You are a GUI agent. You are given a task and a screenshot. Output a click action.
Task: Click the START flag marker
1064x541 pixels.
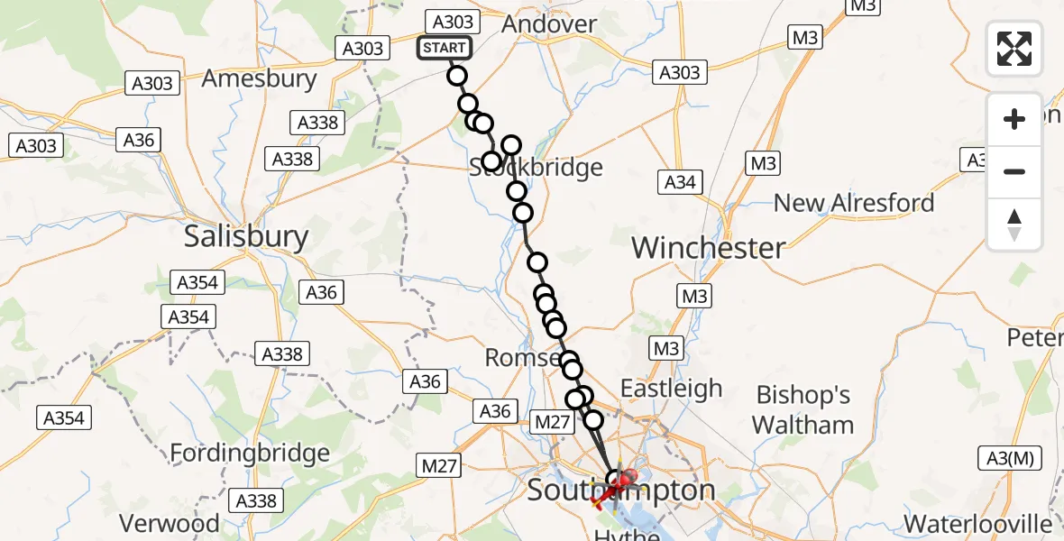[x=444, y=48]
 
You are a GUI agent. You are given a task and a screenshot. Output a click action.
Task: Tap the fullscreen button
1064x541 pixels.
[x=1014, y=49]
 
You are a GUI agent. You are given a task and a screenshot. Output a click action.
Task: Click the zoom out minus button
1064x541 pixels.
[x=1014, y=171]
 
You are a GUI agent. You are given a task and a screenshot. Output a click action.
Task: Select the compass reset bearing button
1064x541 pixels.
[x=1014, y=225]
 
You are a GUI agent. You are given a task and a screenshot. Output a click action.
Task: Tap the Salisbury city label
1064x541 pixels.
[x=246, y=237]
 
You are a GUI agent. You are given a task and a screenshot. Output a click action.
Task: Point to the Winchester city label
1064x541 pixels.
[x=709, y=247]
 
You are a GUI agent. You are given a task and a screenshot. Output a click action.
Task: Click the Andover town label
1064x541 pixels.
[x=549, y=24]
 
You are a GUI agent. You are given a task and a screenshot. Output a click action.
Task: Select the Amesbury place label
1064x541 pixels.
[x=259, y=78]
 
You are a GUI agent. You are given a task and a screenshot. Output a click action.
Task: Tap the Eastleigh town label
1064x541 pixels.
[x=671, y=389]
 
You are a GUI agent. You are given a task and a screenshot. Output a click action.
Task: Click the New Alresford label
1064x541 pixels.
[x=854, y=203]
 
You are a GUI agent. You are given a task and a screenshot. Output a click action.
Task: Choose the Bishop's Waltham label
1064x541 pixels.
[x=803, y=409]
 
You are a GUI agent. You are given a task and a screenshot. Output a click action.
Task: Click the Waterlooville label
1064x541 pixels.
[x=978, y=524]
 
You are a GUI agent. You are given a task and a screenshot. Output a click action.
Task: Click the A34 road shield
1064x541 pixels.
[x=680, y=182]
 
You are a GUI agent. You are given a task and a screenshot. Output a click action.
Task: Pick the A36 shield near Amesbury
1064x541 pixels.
[x=140, y=140]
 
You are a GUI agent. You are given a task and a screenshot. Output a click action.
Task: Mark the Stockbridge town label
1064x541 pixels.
[x=537, y=168]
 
